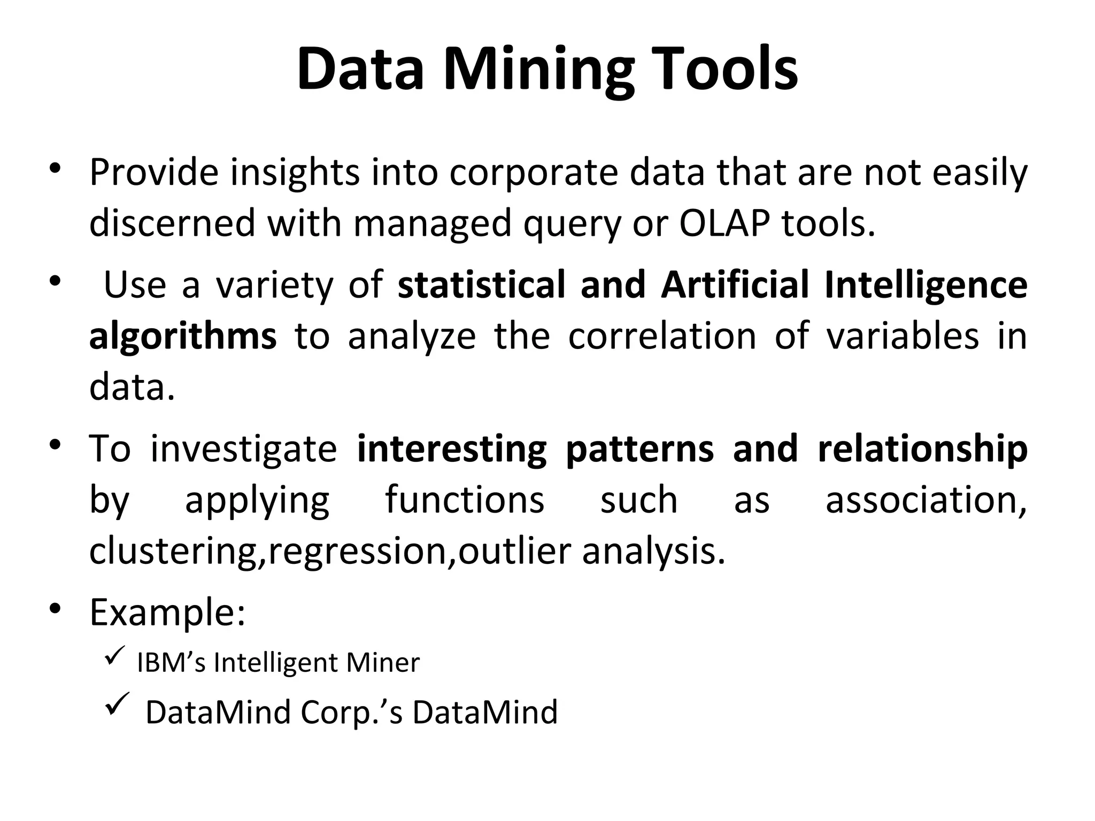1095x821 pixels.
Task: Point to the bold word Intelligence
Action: pos(926,285)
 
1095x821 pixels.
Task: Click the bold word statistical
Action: pos(481,285)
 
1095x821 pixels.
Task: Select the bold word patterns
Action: pos(639,449)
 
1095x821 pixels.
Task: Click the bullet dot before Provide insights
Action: pos(55,169)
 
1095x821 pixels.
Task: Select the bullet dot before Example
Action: pos(55,609)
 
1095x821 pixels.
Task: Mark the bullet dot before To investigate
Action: pos(55,445)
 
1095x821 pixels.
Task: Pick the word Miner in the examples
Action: pos(383,663)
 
